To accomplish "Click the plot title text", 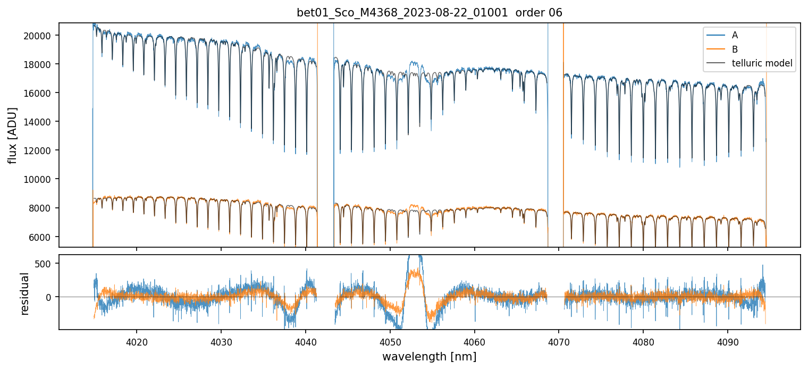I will coord(430,13).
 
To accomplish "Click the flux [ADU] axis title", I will coord(12,135).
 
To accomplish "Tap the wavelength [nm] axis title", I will coord(429,356).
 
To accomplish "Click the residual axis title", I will coord(24,293).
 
